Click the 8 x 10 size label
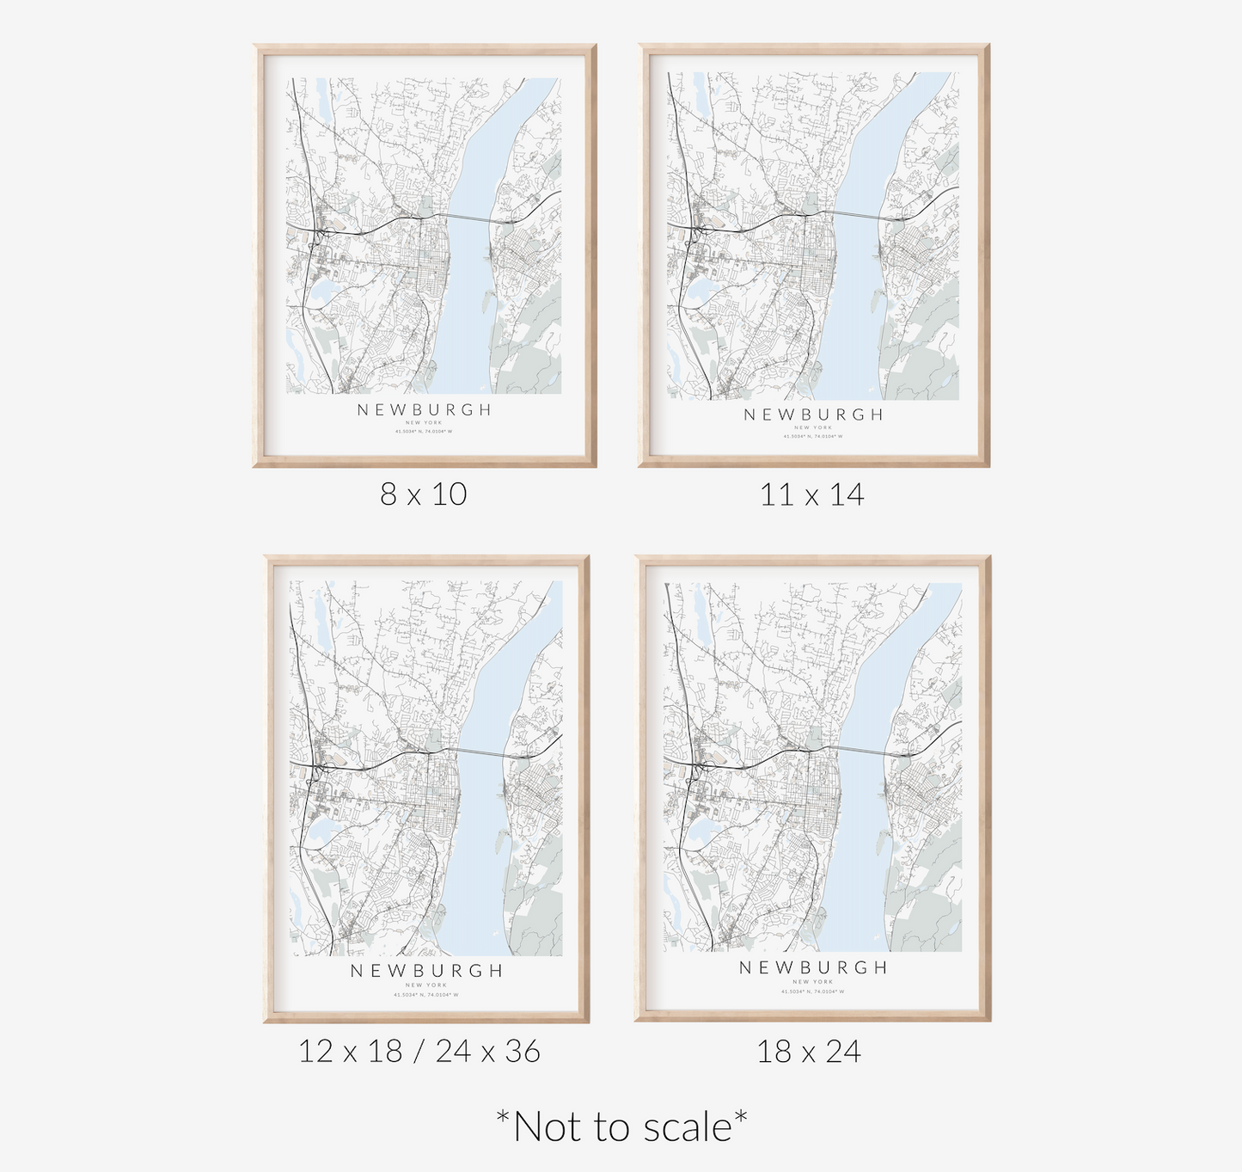(424, 494)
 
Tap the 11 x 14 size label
(811, 494)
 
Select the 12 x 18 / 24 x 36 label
(419, 1051)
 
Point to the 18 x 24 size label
(809, 1052)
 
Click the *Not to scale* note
(621, 1126)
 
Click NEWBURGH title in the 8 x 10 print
(425, 410)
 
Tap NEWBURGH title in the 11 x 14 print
(813, 414)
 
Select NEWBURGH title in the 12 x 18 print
(426, 971)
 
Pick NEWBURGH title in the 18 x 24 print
(813, 967)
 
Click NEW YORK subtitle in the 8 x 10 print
(424, 423)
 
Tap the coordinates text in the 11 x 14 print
(813, 437)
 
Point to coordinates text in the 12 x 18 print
(426, 995)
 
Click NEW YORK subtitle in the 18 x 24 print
(813, 981)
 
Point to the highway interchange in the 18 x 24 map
(700, 761)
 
